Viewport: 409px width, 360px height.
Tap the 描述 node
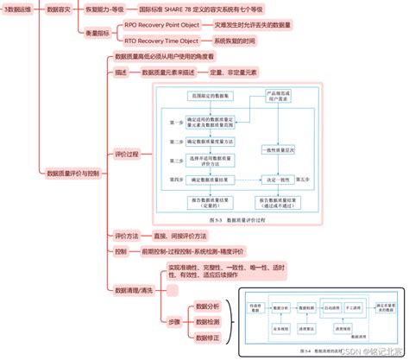pyautogui.click(x=121, y=73)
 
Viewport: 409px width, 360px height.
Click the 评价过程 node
pyautogui.click(x=127, y=155)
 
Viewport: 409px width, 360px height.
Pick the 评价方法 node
pyautogui.click(x=127, y=235)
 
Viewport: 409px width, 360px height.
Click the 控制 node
pyautogui.click(x=121, y=251)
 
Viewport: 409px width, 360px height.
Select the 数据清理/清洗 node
pyautogui.click(x=134, y=291)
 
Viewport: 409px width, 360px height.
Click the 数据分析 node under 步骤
pyautogui.click(x=207, y=306)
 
